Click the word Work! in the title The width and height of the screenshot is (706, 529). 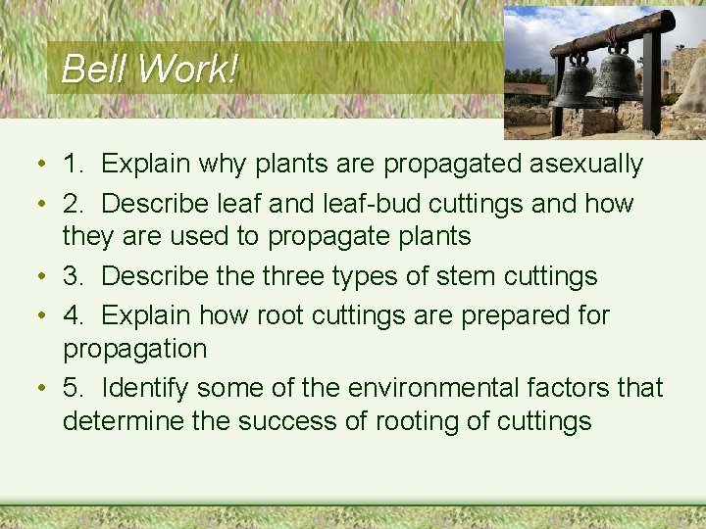point(187,69)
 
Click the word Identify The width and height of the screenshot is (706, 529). point(144,388)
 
